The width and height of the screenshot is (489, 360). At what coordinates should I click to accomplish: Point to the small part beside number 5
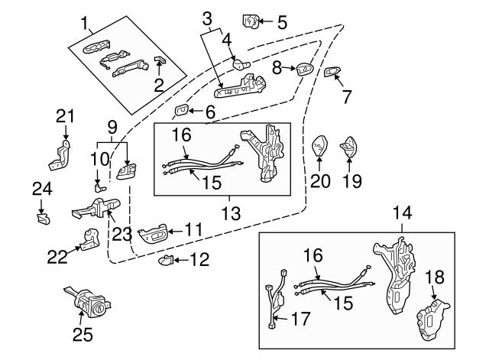(251, 19)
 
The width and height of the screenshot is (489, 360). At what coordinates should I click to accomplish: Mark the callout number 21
(66, 116)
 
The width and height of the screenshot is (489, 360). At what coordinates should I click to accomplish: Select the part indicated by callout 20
(319, 143)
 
